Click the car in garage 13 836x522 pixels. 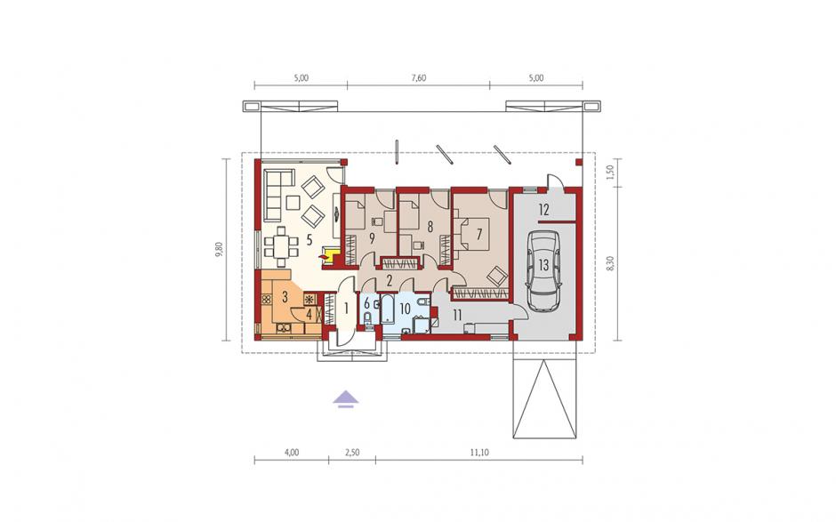(x=543, y=271)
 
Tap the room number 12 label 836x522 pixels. (x=543, y=210)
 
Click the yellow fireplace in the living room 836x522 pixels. (x=327, y=255)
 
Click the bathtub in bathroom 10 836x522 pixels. (x=388, y=309)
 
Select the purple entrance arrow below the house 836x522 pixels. (x=346, y=398)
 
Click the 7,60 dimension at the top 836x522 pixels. (x=419, y=78)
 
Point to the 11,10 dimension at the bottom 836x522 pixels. (x=479, y=453)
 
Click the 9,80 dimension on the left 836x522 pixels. (x=219, y=250)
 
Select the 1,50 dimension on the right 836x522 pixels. (x=611, y=173)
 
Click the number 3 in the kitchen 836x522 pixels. (x=285, y=295)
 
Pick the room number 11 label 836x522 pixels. (x=457, y=315)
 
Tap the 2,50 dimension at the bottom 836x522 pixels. (x=352, y=453)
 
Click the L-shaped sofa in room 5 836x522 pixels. (x=278, y=195)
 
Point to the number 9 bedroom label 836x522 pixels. (x=371, y=237)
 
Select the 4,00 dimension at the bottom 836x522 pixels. (x=291, y=453)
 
